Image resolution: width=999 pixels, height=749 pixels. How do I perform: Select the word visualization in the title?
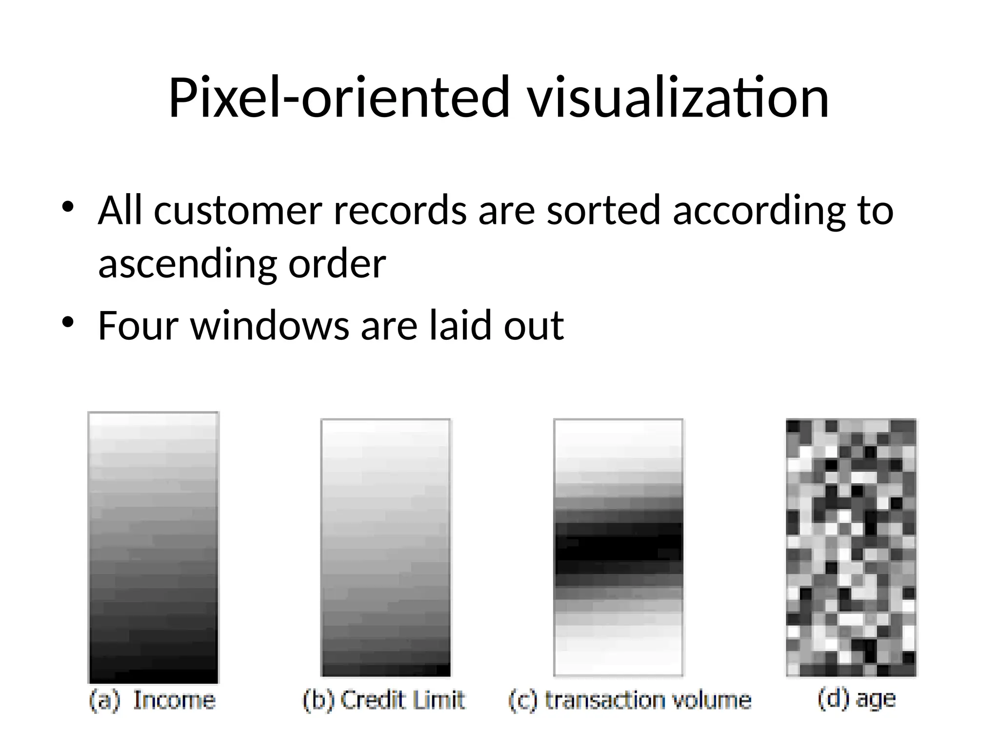point(678,98)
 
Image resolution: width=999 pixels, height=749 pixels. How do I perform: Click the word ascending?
point(187,264)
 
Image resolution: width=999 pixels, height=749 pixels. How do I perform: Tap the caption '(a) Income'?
point(153,701)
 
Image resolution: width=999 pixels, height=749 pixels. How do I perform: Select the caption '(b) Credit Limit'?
point(384,701)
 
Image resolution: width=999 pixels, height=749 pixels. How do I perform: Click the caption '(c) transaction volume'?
point(630,701)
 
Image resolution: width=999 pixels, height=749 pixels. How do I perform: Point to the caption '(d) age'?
point(857,699)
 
